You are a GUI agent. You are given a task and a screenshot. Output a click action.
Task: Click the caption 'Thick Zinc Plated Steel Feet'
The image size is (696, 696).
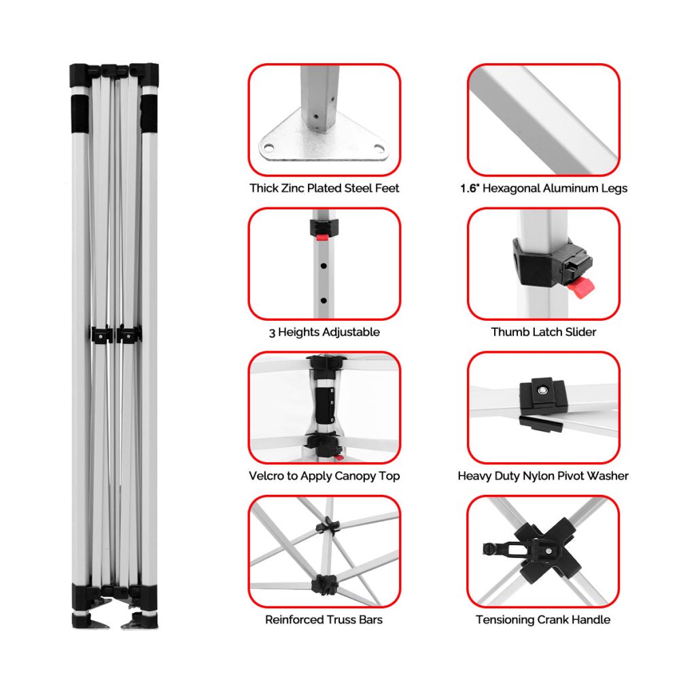tap(324, 188)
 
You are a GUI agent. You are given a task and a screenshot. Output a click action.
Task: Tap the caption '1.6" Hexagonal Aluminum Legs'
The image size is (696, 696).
tap(544, 188)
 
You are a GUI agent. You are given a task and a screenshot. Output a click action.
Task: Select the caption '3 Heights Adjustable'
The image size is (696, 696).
tap(324, 332)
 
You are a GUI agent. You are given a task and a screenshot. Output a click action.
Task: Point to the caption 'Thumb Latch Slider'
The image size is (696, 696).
tap(544, 332)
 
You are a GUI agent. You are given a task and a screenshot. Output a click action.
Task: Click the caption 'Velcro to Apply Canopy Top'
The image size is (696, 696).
tap(324, 476)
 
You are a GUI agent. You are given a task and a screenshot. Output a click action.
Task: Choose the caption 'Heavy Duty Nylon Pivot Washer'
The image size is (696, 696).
tap(543, 476)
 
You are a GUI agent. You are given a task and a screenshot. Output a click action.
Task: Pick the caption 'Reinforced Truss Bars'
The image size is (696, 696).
tap(324, 620)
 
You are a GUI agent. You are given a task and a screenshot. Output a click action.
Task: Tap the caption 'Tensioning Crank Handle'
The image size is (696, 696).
tap(543, 620)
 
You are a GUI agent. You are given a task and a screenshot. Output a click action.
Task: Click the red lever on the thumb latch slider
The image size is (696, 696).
tap(581, 288)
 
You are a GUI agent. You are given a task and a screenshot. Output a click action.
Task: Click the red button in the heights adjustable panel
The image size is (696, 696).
tap(321, 238)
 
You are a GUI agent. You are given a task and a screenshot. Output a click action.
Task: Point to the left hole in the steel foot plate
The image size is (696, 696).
tap(268, 147)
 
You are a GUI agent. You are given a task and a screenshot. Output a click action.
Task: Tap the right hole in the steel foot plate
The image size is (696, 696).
tap(379, 147)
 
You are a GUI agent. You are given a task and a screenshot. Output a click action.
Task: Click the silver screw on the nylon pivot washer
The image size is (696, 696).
tap(542, 391)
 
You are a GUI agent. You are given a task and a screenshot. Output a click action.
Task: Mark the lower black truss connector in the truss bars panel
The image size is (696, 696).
tap(325, 585)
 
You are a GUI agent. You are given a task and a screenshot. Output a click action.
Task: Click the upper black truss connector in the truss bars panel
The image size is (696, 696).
tap(328, 525)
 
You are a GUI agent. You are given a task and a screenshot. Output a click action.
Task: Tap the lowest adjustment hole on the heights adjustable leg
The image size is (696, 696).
tap(324, 300)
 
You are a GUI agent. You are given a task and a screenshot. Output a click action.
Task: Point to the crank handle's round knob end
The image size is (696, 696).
tap(489, 549)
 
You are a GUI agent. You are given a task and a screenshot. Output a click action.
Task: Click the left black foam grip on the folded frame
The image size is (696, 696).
tap(80, 114)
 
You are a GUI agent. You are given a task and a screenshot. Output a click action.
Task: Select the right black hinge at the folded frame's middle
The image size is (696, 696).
tap(128, 334)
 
